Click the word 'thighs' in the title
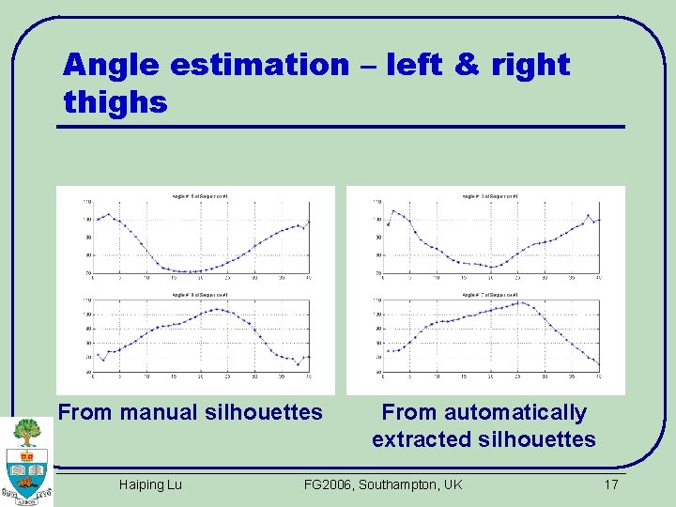[x=115, y=101]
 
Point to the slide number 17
[x=610, y=484]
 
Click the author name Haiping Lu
[x=150, y=484]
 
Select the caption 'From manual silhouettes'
[x=191, y=412]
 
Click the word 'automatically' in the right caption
[x=515, y=412]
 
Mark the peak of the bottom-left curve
[x=217, y=309]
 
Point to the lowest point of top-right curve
[x=494, y=267]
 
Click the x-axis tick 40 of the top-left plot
[x=309, y=279]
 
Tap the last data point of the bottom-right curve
[x=598, y=364]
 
